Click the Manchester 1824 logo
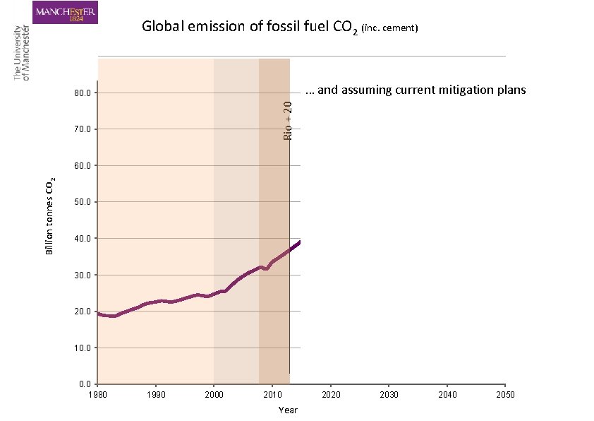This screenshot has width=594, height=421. point(66,12)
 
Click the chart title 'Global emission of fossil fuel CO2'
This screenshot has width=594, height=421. point(250,28)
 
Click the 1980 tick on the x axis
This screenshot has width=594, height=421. point(97,395)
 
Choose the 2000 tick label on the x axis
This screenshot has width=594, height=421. point(214,395)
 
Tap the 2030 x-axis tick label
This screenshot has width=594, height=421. point(389,395)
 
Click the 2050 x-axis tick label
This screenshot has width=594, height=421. point(504,395)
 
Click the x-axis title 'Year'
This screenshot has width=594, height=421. point(288,410)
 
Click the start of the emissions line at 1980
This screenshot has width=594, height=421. point(99,314)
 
